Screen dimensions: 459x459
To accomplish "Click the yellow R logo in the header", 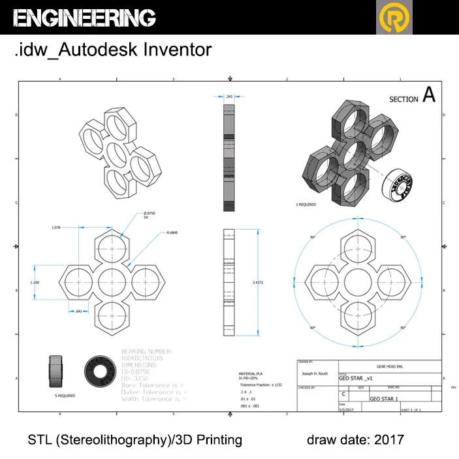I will (395, 18).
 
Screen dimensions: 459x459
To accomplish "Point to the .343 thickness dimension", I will (229, 97).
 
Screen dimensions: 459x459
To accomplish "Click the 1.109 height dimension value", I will (35, 282).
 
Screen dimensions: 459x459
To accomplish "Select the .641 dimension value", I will (78, 311).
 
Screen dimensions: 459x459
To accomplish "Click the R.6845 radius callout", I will (173, 232).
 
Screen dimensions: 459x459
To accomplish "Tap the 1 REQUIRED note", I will (306, 204).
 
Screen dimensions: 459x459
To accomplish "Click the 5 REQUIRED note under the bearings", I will (65, 396).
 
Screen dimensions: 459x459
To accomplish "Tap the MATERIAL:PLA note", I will (251, 373).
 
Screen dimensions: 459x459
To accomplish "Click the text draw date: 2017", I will (355, 439).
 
